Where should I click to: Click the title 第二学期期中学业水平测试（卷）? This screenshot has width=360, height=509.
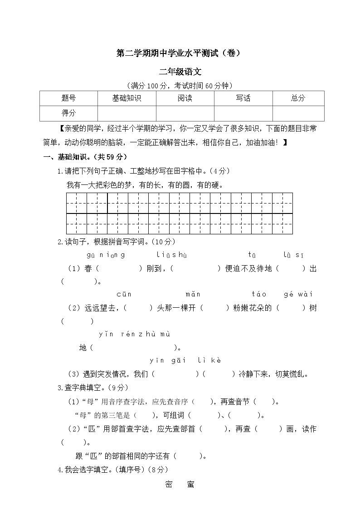[180, 53]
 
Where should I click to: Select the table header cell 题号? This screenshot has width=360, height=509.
[68, 98]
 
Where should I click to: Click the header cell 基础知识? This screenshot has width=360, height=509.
[126, 98]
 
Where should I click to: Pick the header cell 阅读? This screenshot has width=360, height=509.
[185, 98]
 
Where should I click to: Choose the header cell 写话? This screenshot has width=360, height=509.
[243, 98]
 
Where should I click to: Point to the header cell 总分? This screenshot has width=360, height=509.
[298, 98]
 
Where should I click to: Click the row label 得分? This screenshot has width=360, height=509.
[68, 113]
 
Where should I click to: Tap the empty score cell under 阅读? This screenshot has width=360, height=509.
[185, 113]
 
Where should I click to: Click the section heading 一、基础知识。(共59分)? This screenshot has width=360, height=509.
[85, 157]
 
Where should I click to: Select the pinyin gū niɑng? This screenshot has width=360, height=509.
[105, 255]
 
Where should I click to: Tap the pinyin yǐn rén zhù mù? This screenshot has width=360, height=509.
[134, 334]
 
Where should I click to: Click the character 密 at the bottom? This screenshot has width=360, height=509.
[169, 485]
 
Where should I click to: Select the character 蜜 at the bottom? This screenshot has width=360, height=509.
[190, 485]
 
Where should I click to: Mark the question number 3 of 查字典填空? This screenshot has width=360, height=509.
[60, 388]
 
